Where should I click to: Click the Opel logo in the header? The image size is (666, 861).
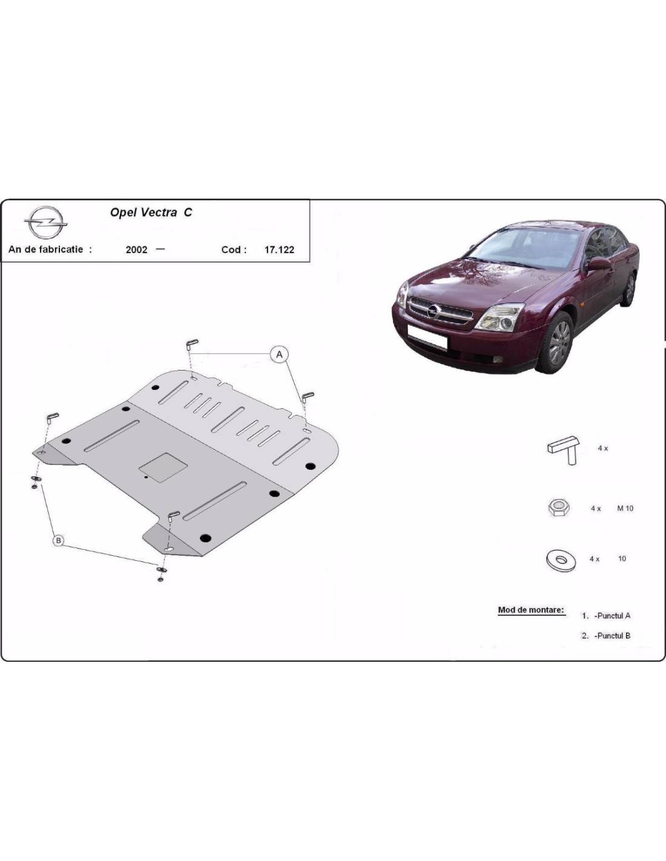click(45, 222)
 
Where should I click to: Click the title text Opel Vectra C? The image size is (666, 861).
click(151, 213)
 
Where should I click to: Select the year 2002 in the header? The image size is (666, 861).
click(136, 249)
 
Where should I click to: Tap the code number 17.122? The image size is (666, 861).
click(279, 249)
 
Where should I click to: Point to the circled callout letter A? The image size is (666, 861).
click(279, 354)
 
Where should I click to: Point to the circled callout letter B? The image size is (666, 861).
click(59, 541)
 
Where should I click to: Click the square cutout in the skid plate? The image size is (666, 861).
click(163, 467)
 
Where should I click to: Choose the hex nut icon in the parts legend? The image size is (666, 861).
click(559, 507)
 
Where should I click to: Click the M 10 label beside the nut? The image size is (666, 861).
click(625, 509)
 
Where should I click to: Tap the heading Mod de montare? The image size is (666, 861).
click(531, 610)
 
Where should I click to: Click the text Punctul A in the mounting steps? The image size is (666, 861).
click(613, 616)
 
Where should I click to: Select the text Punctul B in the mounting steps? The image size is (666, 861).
click(613, 636)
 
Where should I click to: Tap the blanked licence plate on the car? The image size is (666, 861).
click(427, 337)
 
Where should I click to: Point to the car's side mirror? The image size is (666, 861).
click(599, 264)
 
